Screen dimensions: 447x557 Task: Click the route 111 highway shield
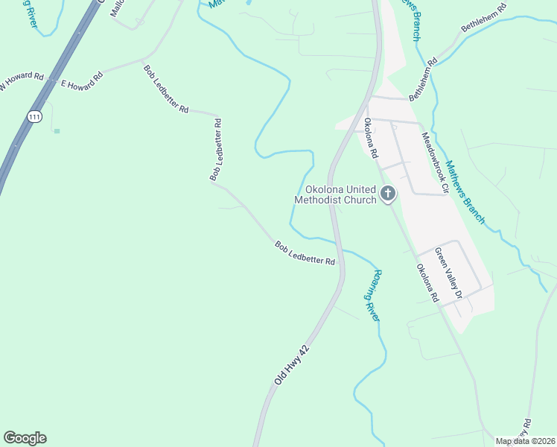(34, 117)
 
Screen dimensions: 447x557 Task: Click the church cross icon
(387, 194)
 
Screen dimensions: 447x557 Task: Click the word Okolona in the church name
(325, 189)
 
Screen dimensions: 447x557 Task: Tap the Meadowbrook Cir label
(435, 164)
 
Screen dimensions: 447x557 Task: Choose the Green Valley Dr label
(449, 273)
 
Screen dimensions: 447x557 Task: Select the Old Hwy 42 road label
(291, 365)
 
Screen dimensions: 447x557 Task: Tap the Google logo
(25, 438)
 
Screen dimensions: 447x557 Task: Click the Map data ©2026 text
(525, 441)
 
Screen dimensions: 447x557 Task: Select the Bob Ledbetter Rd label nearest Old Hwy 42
(305, 253)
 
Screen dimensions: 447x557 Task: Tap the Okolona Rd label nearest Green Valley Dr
(427, 283)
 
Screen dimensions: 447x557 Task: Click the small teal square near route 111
(57, 131)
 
